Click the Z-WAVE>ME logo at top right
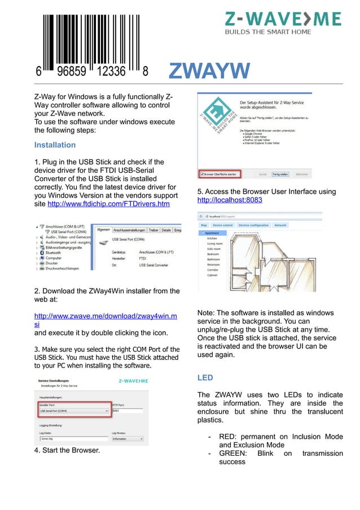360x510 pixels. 283,23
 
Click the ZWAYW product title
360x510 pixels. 209,72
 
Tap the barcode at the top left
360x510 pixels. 91,42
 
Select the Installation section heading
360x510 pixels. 55,145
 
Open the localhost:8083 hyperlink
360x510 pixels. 230,200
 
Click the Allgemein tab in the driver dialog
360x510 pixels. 103,230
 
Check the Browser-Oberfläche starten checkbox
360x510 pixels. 201,175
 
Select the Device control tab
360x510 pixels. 222,225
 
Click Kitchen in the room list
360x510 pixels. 212,238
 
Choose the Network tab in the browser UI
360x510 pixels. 280,225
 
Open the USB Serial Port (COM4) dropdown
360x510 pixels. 73,411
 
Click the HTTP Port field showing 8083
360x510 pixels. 127,411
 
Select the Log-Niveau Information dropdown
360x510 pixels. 127,438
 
